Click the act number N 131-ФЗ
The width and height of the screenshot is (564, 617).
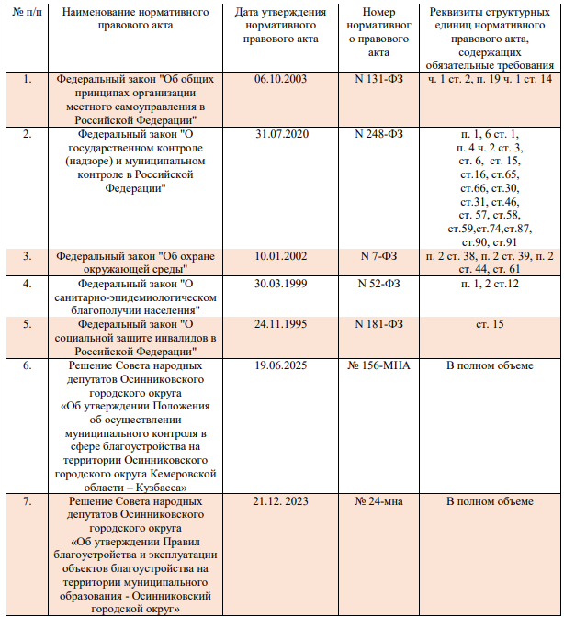[378, 80]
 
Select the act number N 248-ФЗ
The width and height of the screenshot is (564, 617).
[378, 134]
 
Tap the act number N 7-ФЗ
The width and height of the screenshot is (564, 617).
[378, 255]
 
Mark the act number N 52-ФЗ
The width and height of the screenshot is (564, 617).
[378, 284]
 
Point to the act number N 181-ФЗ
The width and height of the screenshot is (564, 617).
[378, 323]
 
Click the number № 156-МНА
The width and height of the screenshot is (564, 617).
[378, 365]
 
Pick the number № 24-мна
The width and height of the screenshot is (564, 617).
[378, 501]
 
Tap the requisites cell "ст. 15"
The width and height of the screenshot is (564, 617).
[489, 323]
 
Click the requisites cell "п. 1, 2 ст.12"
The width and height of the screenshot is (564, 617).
[489, 284]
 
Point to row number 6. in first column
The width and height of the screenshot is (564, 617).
[27, 365]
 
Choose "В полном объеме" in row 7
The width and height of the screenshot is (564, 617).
[489, 501]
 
